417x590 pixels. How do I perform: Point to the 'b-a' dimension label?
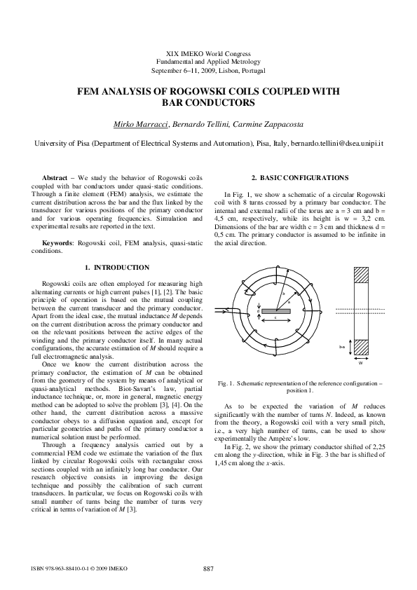point(342,347)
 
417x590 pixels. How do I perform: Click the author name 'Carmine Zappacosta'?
point(268,125)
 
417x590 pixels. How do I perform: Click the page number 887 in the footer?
point(208,568)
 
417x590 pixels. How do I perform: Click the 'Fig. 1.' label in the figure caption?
point(226,384)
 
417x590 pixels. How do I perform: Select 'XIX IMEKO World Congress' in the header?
point(208,55)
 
